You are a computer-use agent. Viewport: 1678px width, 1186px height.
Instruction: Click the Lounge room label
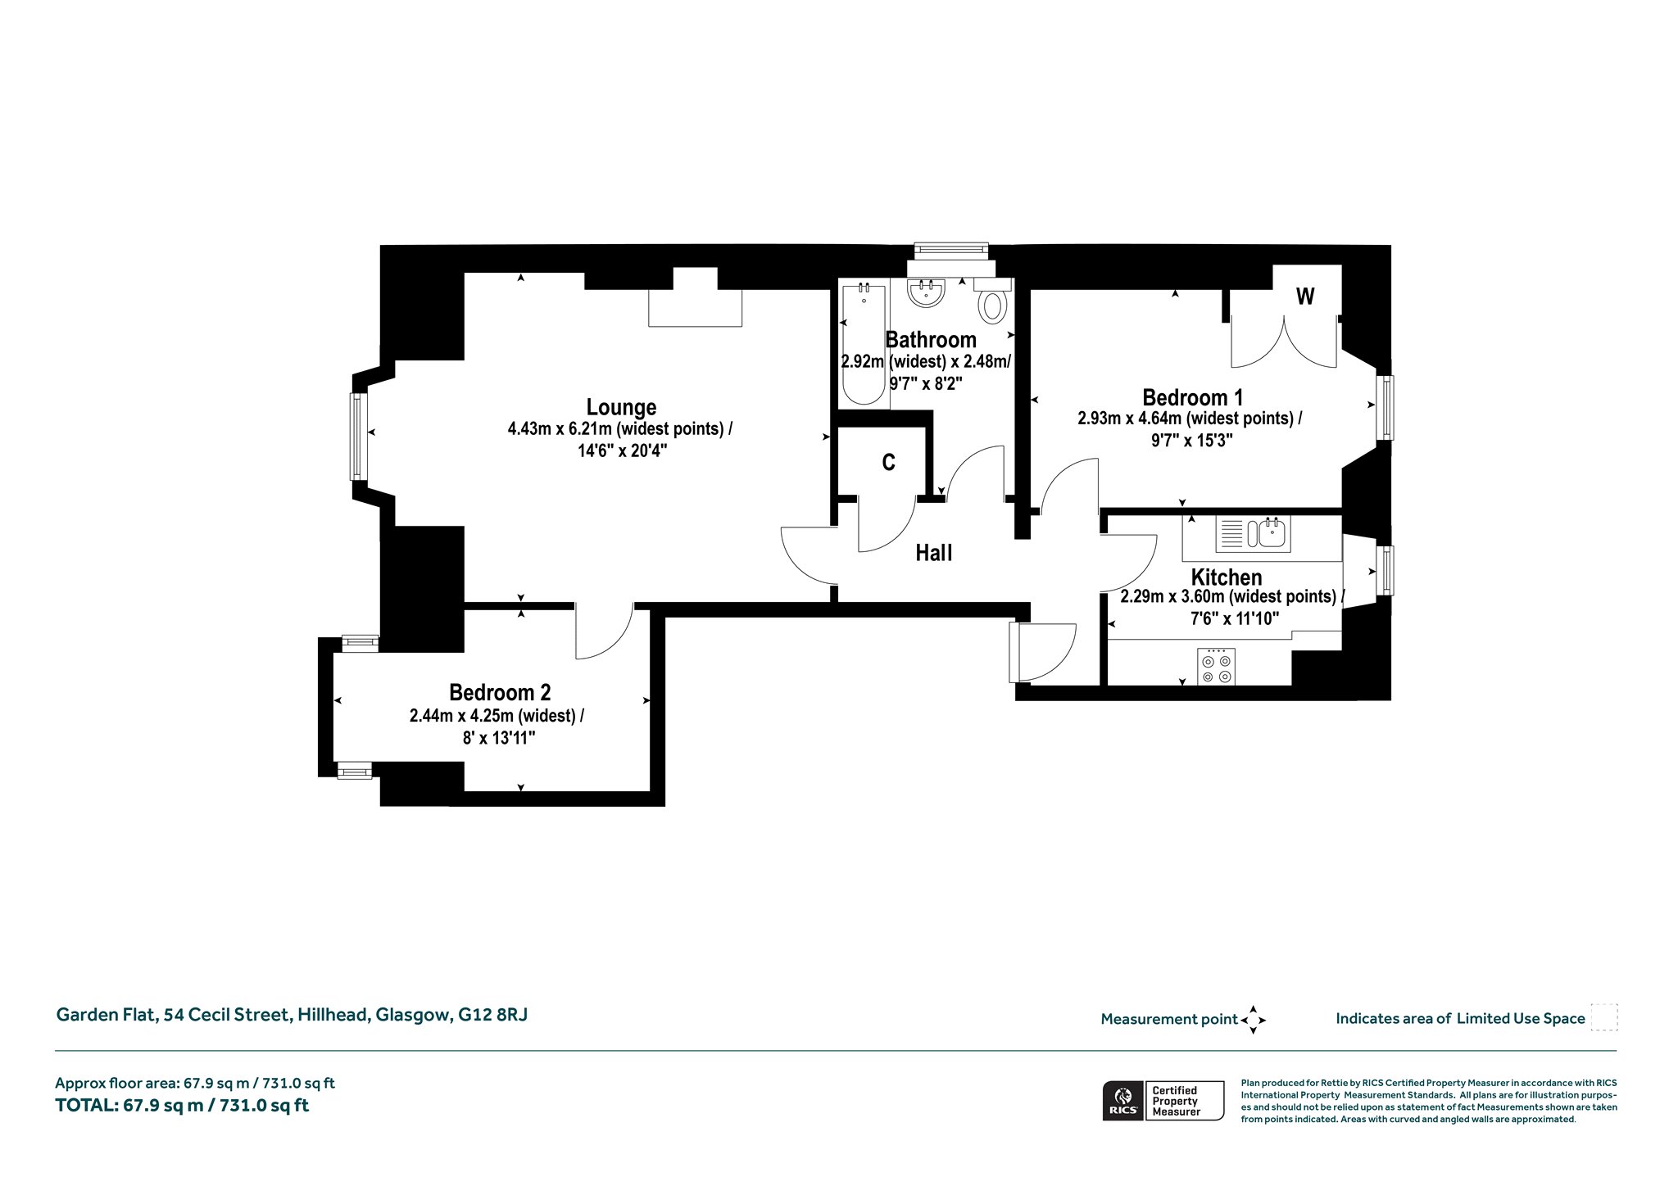(x=621, y=407)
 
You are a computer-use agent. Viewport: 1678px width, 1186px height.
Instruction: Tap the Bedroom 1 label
(x=1192, y=397)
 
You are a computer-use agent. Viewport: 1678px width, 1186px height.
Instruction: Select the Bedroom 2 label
(x=500, y=692)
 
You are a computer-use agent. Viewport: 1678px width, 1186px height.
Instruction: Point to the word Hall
(x=933, y=554)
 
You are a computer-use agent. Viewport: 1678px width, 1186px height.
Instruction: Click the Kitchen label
(x=1227, y=577)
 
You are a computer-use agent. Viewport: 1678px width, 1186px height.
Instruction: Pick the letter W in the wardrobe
(x=1305, y=296)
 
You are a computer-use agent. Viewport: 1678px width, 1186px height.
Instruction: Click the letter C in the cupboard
(x=888, y=463)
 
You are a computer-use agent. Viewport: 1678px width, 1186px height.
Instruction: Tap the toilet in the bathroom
(x=993, y=301)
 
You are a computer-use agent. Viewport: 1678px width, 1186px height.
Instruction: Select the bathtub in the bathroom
(x=864, y=344)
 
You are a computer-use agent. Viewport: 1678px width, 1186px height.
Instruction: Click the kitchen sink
(x=1253, y=533)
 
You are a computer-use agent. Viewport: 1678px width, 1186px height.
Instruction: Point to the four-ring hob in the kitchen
(x=1217, y=666)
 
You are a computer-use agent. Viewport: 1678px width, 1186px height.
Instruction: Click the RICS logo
(x=1123, y=1101)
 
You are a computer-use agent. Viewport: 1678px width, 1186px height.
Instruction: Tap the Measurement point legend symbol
(x=1254, y=1020)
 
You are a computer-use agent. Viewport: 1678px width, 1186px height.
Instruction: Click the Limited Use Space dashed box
(x=1604, y=1017)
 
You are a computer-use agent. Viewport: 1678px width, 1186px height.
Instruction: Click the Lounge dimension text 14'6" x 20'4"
(x=622, y=450)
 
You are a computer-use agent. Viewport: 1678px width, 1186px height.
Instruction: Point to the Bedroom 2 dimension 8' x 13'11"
(x=499, y=738)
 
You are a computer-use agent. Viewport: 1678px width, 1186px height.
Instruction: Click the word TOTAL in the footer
(x=86, y=1105)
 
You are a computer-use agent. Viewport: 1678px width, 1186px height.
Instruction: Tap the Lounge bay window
(x=357, y=436)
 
